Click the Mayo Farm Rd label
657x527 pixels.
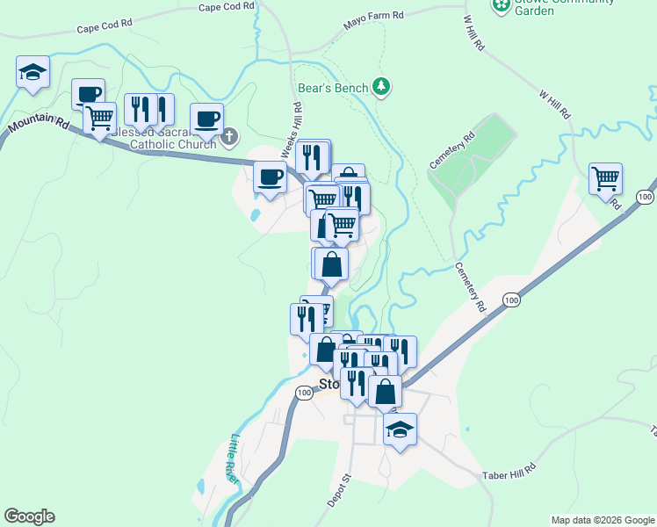coord(373,16)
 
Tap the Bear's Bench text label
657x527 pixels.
coord(336,86)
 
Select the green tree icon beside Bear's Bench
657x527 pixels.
coord(381,85)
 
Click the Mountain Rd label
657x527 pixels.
coord(39,123)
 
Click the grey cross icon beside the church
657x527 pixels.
coord(230,136)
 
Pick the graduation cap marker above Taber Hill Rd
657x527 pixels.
coord(400,430)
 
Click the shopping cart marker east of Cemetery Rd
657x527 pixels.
coord(605,178)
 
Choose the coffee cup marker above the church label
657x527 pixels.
coord(206,119)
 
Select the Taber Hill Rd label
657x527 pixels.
coord(509,472)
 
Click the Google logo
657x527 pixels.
coord(29,516)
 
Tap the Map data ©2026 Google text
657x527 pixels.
coord(603,520)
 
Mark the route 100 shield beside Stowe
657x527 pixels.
coord(304,393)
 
